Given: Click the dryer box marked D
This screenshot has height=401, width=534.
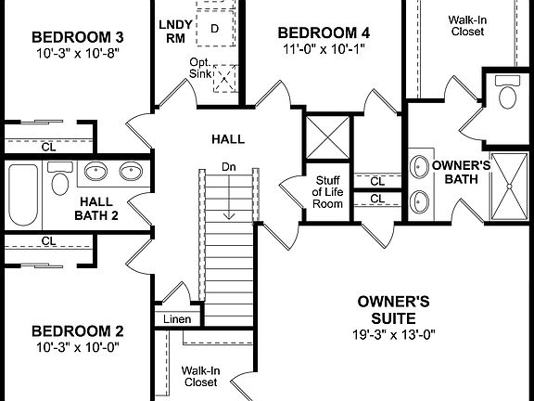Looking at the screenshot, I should click(x=215, y=28).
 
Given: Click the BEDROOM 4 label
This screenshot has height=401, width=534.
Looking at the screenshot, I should click(x=317, y=32).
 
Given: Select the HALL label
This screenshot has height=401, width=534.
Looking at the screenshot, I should click(x=228, y=139).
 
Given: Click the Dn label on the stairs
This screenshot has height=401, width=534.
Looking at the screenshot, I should click(x=228, y=166).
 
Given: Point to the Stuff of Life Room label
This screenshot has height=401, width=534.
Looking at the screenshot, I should click(x=328, y=192).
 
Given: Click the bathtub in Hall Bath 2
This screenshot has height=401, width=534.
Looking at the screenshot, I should click(x=22, y=193).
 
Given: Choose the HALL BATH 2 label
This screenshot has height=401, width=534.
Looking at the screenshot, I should click(x=96, y=209).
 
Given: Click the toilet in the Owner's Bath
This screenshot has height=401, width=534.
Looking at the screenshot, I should click(x=507, y=92).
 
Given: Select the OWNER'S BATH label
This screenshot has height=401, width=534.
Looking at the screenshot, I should click(x=454, y=173).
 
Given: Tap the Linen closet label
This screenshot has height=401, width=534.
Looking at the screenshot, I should click(x=177, y=319).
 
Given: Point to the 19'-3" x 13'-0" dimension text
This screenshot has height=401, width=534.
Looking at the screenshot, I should click(x=393, y=334).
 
